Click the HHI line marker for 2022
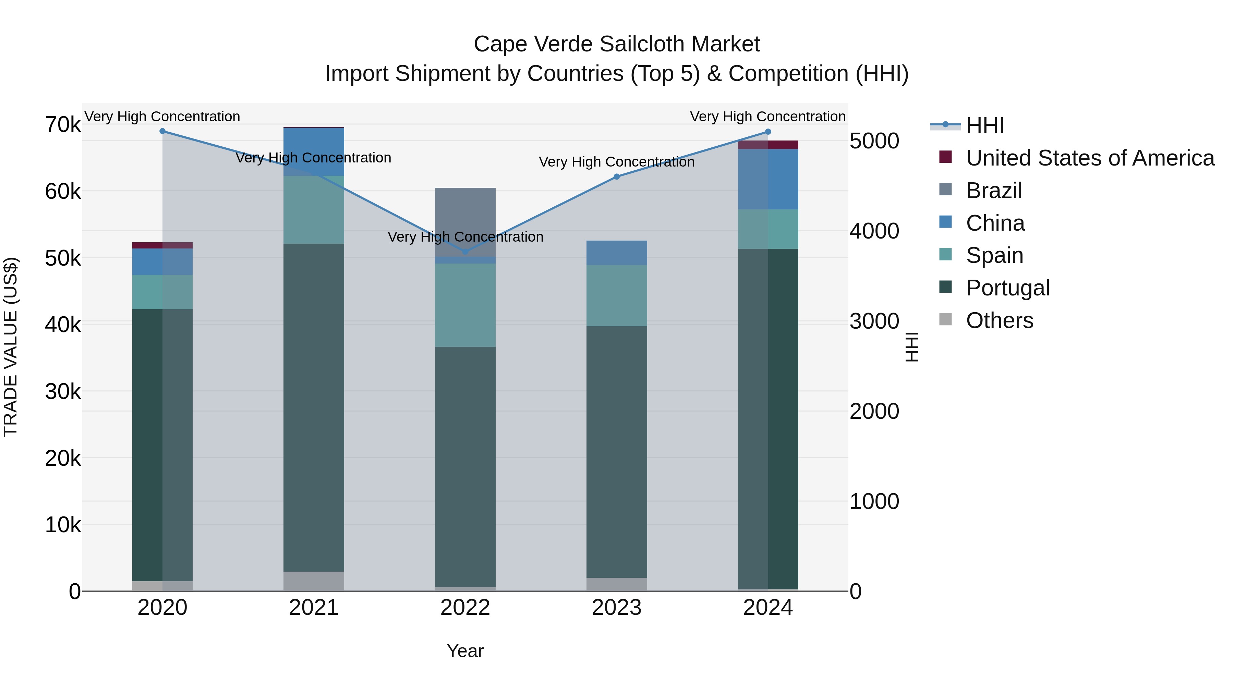tap(465, 252)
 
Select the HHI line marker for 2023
tap(617, 177)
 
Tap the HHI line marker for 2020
tap(162, 131)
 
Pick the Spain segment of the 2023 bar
tap(617, 295)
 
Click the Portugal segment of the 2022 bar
tap(465, 467)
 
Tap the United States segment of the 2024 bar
tap(768, 145)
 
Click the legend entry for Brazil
tap(994, 191)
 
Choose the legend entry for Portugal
tap(1007, 288)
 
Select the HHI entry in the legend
tap(984, 125)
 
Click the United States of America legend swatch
tap(945, 157)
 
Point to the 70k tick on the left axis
tap(63, 125)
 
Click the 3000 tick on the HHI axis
tap(874, 321)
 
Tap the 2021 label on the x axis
tap(314, 608)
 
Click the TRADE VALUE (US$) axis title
tap(11, 347)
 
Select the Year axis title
tap(465, 651)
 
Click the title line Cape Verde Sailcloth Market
tap(617, 44)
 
